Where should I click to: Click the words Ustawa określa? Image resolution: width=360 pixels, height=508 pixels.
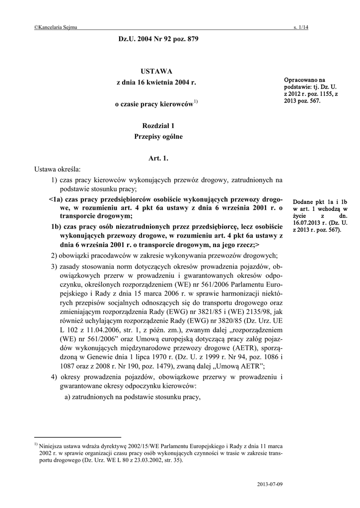[57, 170]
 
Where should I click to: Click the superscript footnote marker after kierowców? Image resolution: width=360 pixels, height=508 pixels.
[196, 102]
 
